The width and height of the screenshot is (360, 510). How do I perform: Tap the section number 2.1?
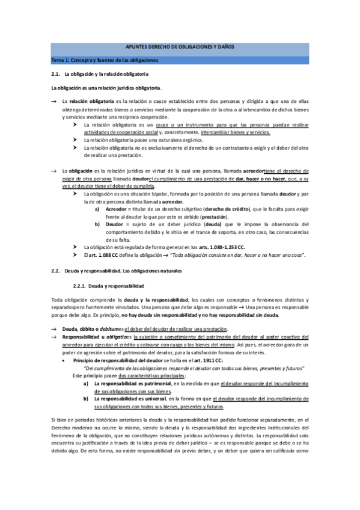click(58, 74)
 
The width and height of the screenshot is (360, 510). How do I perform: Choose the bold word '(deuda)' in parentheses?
click(206, 224)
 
